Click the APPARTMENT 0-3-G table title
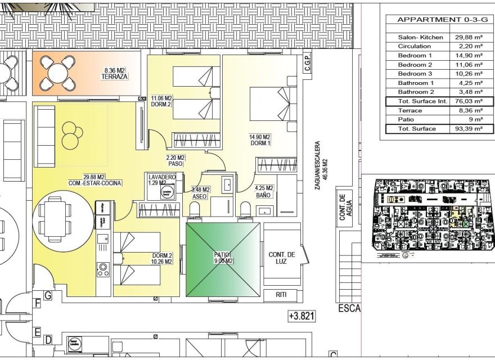436,19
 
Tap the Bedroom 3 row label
415,74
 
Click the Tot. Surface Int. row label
422,101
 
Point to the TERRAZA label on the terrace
114,76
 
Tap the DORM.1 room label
260,143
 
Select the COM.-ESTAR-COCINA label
96,183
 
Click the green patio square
223,259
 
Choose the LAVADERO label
162,177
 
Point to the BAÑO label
264,195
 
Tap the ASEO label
200,197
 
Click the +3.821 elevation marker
301,316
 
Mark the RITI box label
282,294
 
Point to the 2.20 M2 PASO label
175,161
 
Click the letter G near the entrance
48,295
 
